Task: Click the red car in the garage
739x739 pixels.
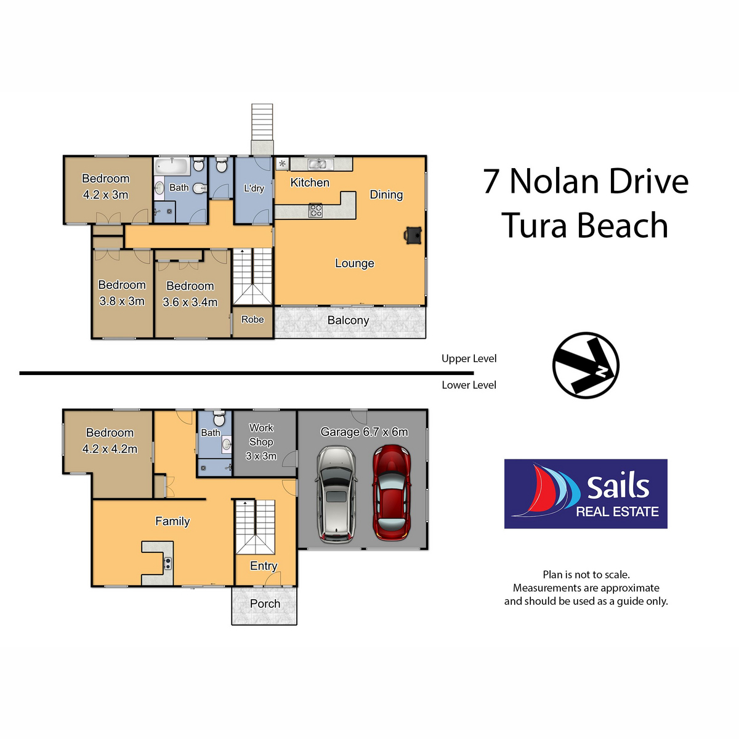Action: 392,493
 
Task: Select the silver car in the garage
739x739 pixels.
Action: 336,493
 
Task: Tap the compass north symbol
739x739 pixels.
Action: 586,365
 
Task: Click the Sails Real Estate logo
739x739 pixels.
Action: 586,494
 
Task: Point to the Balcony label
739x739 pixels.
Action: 348,320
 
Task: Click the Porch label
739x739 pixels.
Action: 265,604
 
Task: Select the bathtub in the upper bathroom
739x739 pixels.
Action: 172,166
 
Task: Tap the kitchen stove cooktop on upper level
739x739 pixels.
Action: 315,211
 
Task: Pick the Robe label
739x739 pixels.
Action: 252,320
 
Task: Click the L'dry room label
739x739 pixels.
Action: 254,188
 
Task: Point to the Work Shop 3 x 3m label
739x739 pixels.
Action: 261,442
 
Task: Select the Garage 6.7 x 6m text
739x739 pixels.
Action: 364,432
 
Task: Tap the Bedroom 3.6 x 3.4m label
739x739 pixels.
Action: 190,294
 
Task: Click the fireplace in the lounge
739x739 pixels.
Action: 413,235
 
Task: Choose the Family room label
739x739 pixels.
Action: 172,522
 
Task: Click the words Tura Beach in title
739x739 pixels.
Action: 584,225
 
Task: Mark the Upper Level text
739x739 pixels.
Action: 469,358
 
